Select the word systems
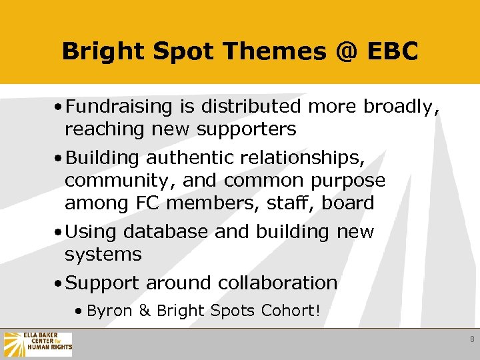point(103,255)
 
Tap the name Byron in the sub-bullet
point(109,311)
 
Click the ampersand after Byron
point(145,311)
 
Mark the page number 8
point(472,339)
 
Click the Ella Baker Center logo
point(37,344)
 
